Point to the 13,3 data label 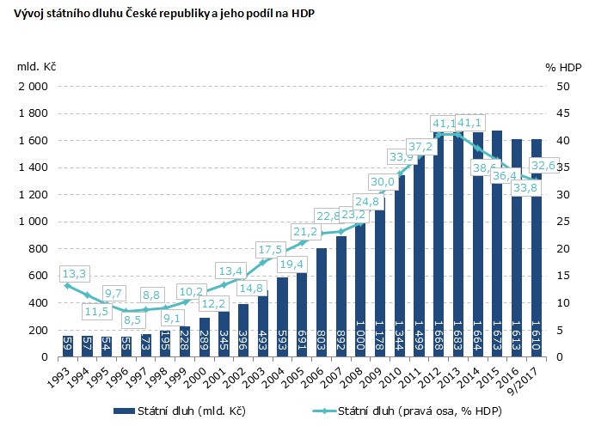pos(74,274)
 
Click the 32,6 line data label pos(548,165)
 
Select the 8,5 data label pos(132,319)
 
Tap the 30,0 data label pos(383,182)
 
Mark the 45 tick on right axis pos(561,113)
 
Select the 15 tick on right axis pos(561,276)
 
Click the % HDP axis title pos(563,66)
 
